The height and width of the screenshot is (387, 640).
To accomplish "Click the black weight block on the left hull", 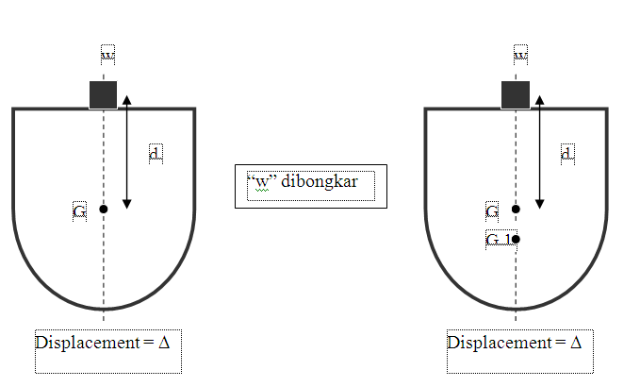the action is [103, 94].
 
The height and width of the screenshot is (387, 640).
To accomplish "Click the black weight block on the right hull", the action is [515, 94].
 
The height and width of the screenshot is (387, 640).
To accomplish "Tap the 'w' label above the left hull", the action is [108, 56].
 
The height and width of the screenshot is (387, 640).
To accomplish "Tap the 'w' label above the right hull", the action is [519, 56].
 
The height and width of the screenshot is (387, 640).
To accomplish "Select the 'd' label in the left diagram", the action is [156, 153].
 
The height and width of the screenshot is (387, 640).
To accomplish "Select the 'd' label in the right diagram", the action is [566, 153].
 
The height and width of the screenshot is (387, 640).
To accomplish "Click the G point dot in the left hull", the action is [104, 209].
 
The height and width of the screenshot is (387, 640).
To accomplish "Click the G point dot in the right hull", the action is [516, 209].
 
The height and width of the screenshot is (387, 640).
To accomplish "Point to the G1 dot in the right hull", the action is [516, 239].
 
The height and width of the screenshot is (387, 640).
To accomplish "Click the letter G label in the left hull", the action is [79, 210].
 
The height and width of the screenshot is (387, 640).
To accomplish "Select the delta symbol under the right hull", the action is [574, 342].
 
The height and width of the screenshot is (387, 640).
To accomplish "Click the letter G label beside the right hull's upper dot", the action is [492, 210].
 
